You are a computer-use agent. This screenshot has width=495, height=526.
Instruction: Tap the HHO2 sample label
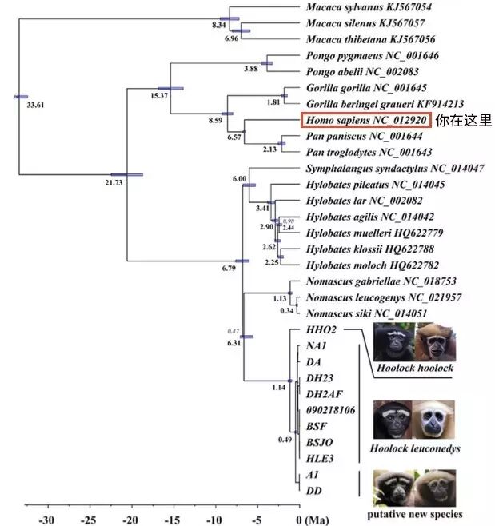(x=321, y=330)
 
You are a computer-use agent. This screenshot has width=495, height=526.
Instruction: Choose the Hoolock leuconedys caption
(x=415, y=448)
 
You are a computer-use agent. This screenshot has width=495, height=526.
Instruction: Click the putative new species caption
(x=414, y=513)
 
